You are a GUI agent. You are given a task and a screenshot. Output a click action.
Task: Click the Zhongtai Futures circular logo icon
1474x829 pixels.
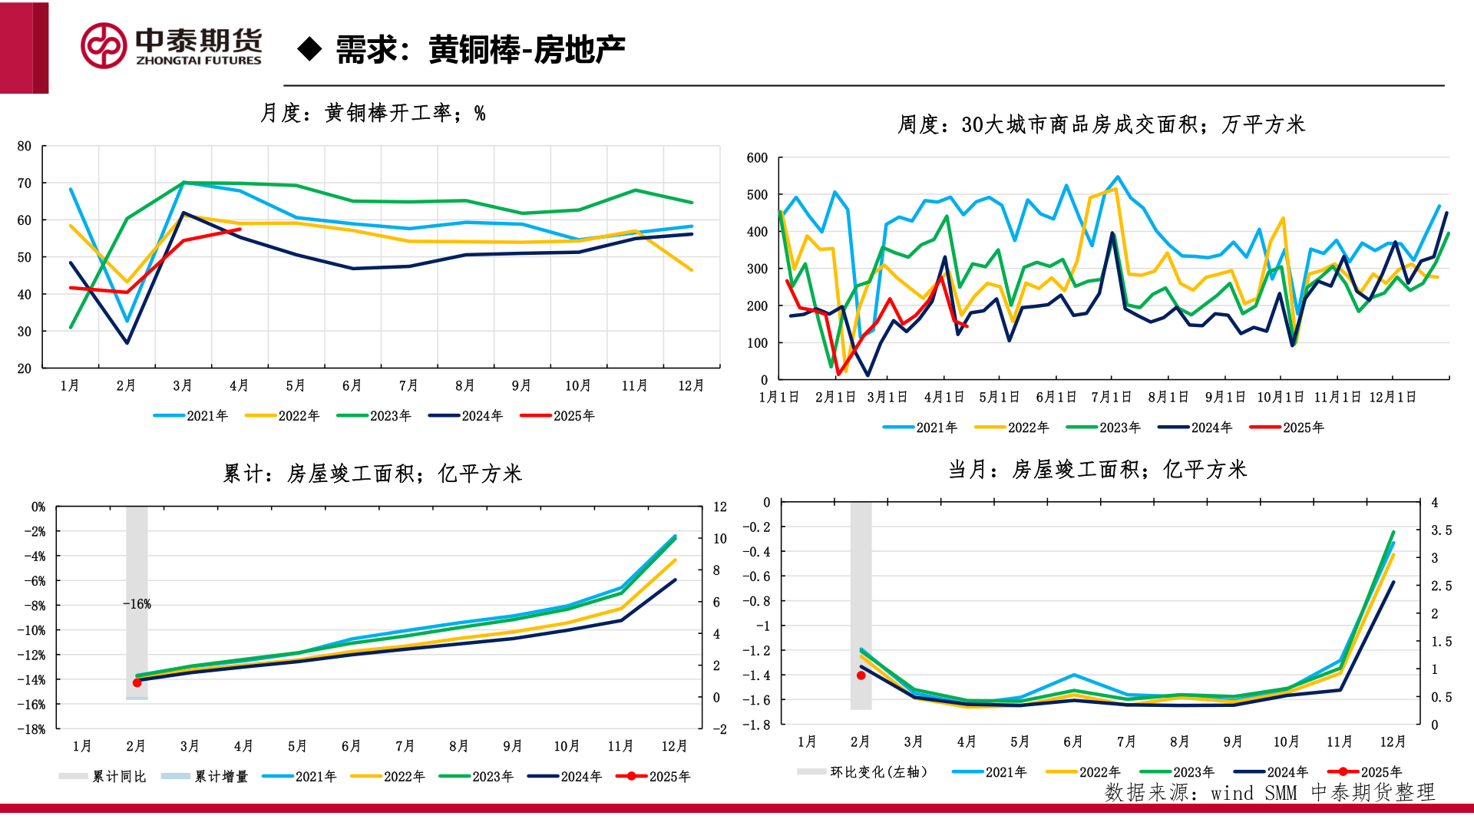(104, 45)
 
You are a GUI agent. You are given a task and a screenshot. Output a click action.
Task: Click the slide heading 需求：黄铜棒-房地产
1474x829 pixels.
(480, 50)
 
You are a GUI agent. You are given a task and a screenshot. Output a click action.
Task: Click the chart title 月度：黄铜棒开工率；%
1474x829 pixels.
(372, 114)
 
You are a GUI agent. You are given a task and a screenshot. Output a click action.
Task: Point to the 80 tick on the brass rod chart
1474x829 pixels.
(25, 146)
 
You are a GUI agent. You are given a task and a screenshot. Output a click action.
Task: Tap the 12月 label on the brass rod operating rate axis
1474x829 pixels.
(691, 385)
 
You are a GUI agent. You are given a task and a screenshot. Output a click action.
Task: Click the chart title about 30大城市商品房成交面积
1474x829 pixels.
(1101, 124)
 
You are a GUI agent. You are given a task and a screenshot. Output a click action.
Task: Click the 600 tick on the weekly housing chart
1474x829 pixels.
(757, 158)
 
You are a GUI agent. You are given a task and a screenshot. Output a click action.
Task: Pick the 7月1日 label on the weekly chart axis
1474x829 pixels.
(1111, 397)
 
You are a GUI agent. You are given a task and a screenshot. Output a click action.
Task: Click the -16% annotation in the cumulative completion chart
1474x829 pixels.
(137, 604)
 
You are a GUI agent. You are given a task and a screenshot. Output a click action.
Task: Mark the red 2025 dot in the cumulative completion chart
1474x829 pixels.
(137, 682)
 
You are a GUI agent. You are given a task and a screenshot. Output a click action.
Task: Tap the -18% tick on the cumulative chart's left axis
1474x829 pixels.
(31, 729)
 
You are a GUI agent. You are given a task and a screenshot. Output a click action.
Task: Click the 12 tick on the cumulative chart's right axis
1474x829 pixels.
(719, 507)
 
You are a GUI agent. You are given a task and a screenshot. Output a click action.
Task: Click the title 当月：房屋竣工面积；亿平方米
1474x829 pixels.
(1097, 470)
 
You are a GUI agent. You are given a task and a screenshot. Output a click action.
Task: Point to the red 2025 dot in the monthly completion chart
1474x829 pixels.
(861, 675)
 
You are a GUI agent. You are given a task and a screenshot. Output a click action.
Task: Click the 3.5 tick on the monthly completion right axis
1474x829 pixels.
(1441, 530)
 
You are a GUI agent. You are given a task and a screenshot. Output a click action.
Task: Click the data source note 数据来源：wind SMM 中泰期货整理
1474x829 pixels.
(1269, 792)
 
